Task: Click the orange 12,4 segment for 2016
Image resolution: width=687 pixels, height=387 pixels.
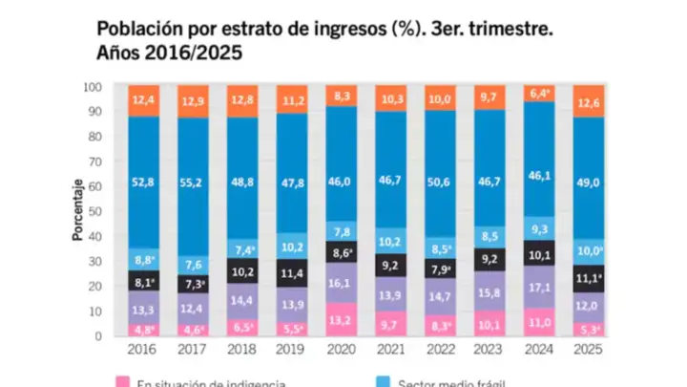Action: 143,99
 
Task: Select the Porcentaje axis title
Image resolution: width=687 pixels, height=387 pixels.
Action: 75,211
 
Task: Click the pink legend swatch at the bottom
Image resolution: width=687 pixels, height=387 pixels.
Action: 124,382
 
